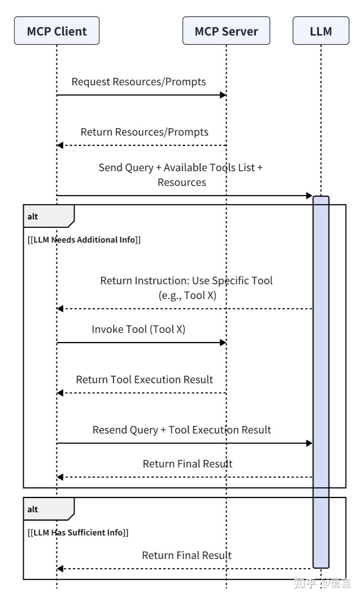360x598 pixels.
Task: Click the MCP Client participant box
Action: point(57,31)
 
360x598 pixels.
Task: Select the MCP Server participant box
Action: point(226,31)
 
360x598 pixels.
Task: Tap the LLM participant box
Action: point(321,31)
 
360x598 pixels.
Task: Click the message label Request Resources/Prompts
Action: point(139,82)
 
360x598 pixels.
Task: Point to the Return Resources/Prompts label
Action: point(144,132)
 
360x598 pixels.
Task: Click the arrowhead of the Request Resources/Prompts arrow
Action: point(223,95)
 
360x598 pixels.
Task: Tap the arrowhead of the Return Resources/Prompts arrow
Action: point(60,145)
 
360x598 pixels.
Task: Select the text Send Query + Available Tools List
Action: point(180,168)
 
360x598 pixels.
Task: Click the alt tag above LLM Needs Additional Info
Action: point(33,217)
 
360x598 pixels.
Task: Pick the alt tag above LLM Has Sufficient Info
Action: point(33,509)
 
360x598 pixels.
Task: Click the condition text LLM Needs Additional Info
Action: point(84,240)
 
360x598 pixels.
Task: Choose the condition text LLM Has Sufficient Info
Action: point(78,532)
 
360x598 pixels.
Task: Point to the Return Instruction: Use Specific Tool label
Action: point(186,281)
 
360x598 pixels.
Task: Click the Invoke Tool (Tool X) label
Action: point(139,329)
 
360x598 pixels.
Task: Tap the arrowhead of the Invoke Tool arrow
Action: point(223,342)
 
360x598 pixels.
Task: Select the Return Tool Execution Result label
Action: point(144,379)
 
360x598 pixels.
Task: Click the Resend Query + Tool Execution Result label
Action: point(182,430)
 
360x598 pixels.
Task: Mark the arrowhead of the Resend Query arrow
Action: point(309,443)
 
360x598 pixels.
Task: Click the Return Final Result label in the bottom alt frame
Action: point(187,555)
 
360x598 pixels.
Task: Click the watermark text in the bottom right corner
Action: point(322,584)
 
